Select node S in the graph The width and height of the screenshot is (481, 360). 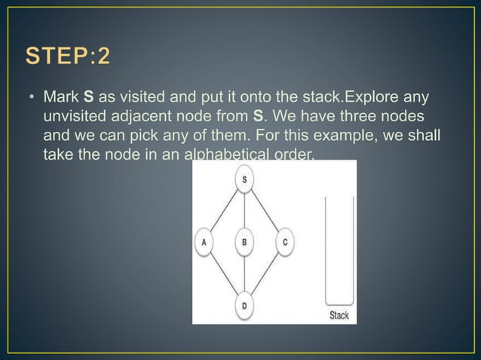click(x=244, y=179)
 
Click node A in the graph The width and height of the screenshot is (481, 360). click(x=204, y=242)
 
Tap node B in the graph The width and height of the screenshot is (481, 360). click(x=244, y=242)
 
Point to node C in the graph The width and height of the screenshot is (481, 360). click(x=285, y=242)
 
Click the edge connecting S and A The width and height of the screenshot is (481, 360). click(x=224, y=210)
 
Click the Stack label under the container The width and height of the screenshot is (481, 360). click(x=339, y=316)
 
